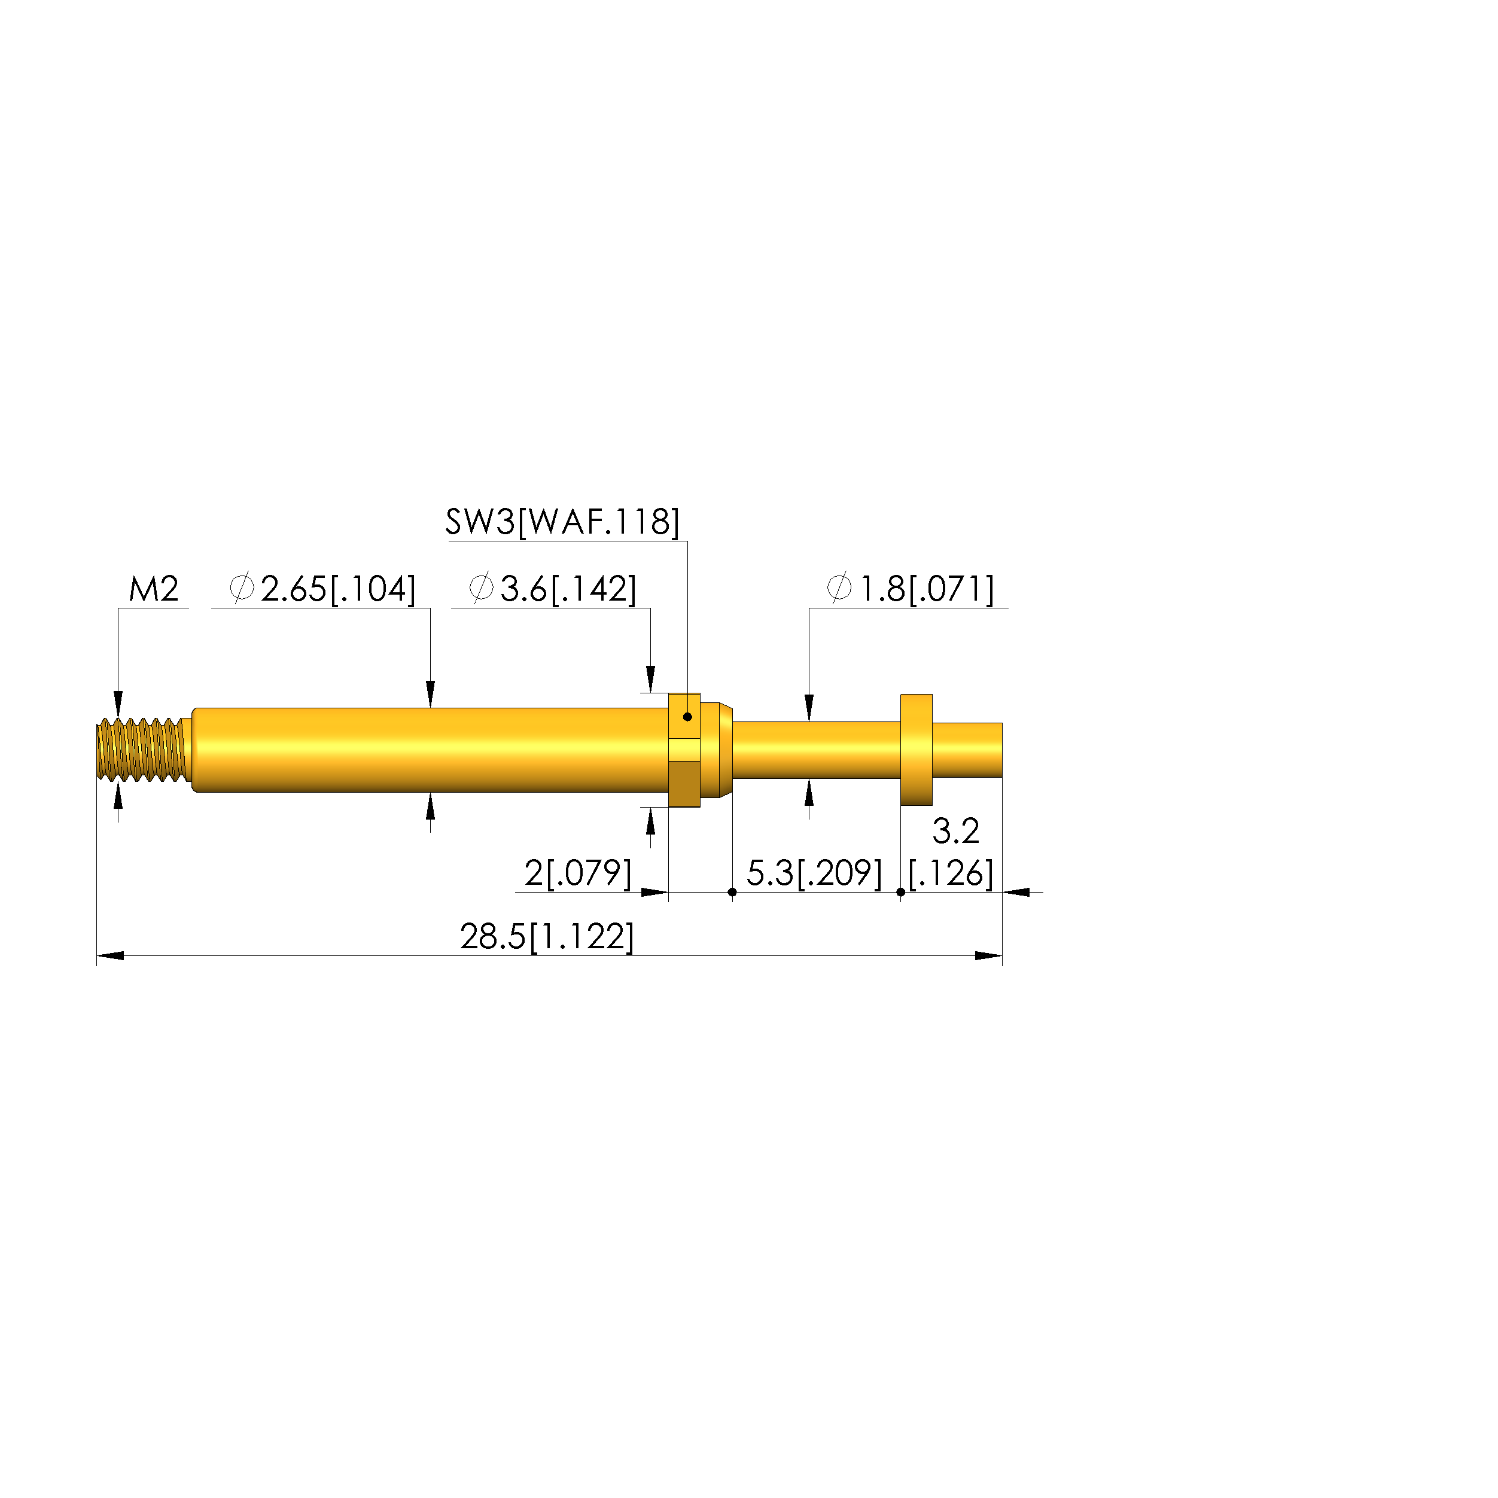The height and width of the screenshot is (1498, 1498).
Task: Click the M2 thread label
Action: tap(154, 590)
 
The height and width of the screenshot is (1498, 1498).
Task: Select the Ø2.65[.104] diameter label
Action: tap(322, 590)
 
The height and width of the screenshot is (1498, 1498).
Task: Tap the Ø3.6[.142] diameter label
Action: tap(553, 590)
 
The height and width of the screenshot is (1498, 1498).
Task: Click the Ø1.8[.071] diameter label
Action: tap(911, 590)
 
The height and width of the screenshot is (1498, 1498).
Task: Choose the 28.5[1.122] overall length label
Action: tap(547, 937)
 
